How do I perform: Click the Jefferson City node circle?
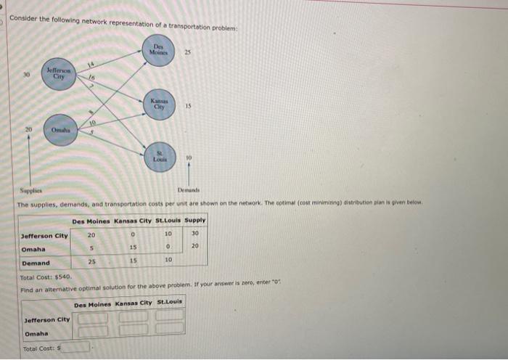point(55,74)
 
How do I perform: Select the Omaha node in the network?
point(59,129)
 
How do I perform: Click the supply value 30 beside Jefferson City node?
point(26,74)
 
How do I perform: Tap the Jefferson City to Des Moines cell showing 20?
point(91,234)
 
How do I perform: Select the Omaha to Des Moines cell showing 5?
point(91,248)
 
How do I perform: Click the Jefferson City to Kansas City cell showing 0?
point(132,234)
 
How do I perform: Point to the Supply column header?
point(194,220)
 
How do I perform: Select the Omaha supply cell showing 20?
point(194,248)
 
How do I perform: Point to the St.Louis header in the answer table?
point(171,302)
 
